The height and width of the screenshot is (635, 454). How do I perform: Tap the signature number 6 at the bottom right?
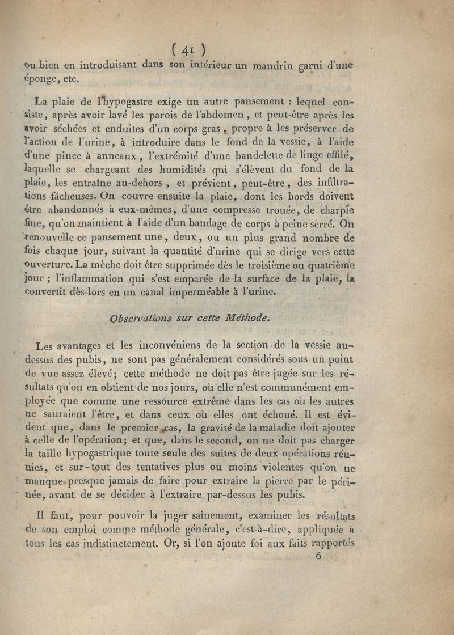coord(318,556)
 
